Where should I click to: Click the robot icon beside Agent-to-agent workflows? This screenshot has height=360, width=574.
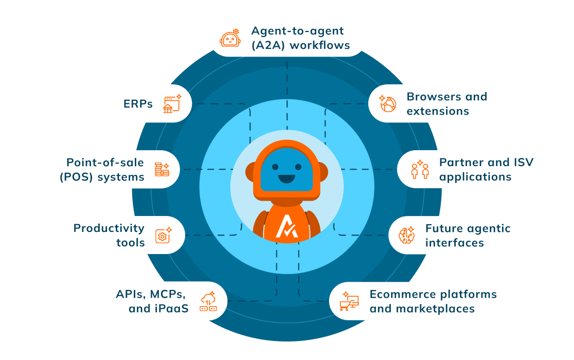(x=230, y=38)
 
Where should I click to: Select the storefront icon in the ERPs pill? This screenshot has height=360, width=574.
(x=171, y=104)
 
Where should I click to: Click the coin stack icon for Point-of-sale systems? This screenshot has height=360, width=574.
(x=162, y=169)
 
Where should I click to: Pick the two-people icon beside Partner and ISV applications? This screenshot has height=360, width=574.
(x=420, y=169)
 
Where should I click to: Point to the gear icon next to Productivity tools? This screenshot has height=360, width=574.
(x=163, y=236)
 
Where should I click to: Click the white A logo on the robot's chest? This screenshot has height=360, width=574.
(x=286, y=226)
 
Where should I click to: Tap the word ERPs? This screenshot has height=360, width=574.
(x=138, y=104)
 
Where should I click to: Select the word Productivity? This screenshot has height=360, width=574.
(x=109, y=228)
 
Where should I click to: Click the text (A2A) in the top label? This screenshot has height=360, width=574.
(x=268, y=45)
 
